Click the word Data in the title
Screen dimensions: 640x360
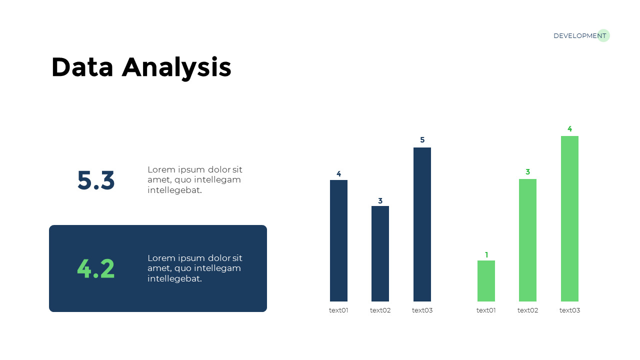tap(82, 67)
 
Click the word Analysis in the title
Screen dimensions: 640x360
tap(176, 68)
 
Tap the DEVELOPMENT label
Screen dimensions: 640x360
tap(579, 35)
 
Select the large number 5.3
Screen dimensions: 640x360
tap(96, 180)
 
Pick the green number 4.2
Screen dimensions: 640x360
tap(96, 268)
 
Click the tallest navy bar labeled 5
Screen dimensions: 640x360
tap(422, 224)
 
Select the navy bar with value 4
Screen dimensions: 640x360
tap(338, 240)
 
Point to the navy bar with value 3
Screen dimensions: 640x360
tap(380, 253)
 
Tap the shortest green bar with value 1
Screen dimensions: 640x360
tap(486, 281)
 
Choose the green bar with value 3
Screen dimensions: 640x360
tap(527, 240)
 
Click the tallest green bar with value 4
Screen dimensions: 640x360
tap(569, 218)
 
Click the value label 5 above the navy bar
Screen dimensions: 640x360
tap(422, 139)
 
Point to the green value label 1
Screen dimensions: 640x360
tap(486, 254)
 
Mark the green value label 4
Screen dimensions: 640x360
tap(569, 129)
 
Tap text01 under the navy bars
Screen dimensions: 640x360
tap(338, 310)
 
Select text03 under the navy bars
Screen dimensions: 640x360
tap(422, 310)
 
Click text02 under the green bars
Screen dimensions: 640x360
tap(527, 310)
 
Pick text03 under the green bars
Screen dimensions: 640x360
tap(569, 310)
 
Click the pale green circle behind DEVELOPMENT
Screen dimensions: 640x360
tap(603, 35)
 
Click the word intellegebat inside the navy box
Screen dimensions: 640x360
tap(174, 278)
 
